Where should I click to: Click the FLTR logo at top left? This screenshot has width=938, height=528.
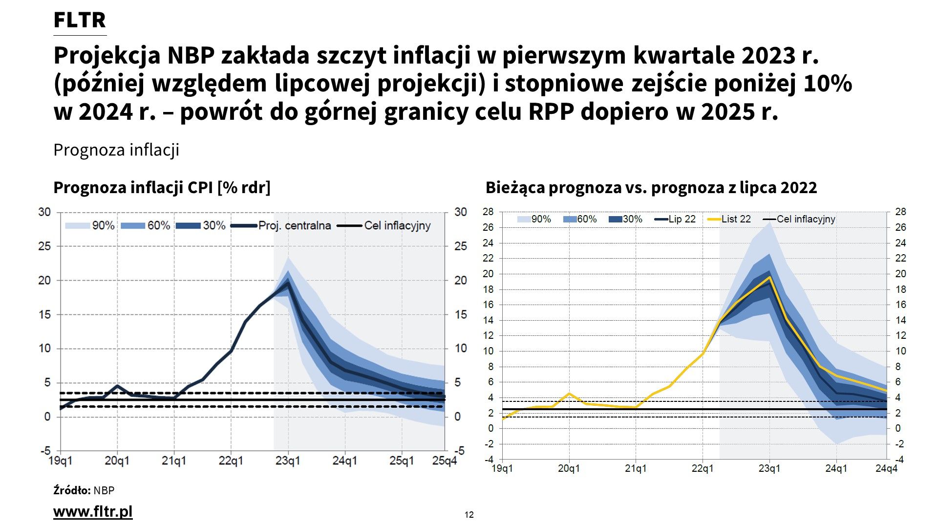(79, 21)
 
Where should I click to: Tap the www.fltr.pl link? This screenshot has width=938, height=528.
(93, 511)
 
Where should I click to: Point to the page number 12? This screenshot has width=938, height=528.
(469, 514)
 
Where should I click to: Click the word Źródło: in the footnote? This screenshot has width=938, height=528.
(72, 490)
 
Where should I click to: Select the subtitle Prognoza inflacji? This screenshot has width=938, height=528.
(116, 150)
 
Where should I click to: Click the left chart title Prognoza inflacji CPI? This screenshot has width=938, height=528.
(161, 188)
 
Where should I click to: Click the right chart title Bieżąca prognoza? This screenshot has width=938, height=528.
(651, 188)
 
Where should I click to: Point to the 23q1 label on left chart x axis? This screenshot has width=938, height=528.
(288, 461)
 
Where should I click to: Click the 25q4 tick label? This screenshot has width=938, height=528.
(444, 461)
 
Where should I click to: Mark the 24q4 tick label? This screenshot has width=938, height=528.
(886, 468)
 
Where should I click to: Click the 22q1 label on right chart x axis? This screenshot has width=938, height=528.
(703, 468)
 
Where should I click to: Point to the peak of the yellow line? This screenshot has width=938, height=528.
(770, 277)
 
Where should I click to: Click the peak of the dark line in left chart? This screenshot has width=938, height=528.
(288, 281)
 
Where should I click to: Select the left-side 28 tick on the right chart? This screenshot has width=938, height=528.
(488, 212)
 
